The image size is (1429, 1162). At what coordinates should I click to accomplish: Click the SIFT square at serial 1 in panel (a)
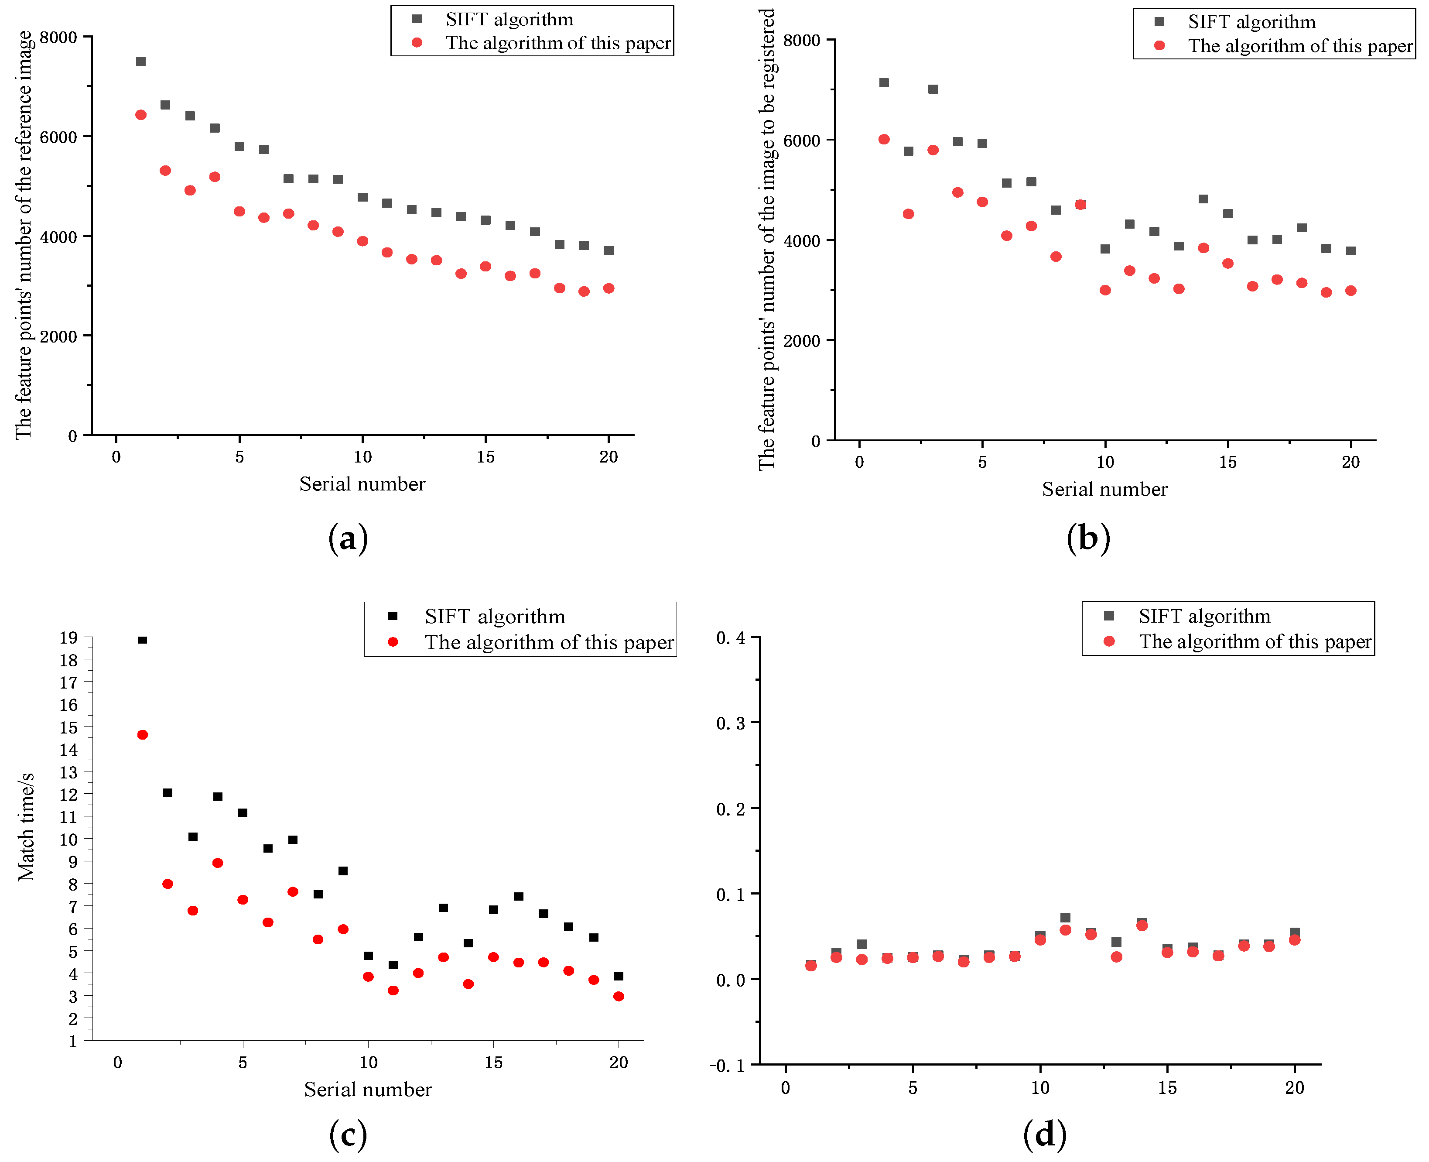click(x=140, y=62)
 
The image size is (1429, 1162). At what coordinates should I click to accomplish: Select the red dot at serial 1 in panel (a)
click(x=140, y=115)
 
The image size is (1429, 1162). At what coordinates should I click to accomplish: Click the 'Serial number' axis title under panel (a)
click(x=362, y=484)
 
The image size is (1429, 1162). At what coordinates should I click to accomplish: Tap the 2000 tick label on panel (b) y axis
click(x=801, y=341)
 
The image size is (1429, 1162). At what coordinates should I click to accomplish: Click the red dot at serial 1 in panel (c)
click(x=143, y=735)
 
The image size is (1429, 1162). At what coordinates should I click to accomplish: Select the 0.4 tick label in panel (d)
click(x=731, y=638)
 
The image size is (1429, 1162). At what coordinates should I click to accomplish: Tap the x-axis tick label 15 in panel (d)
click(x=1167, y=1088)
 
